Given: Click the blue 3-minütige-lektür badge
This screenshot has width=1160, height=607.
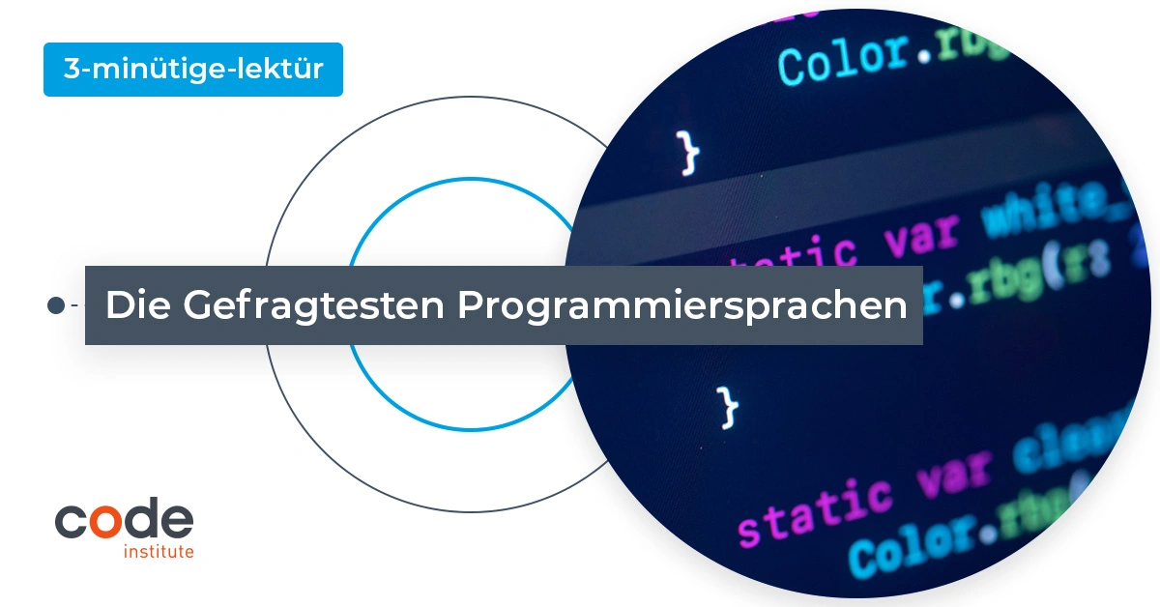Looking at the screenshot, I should tap(193, 70).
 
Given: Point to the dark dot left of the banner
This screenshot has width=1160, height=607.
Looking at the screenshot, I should tap(56, 305).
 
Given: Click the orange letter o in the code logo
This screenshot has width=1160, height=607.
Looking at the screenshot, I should tap(108, 521).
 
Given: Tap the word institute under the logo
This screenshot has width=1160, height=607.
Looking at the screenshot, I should tap(159, 552).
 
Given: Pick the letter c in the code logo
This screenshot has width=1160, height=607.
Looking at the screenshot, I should tap(72, 521).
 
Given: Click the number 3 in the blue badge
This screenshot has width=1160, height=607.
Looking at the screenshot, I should tap(70, 70).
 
